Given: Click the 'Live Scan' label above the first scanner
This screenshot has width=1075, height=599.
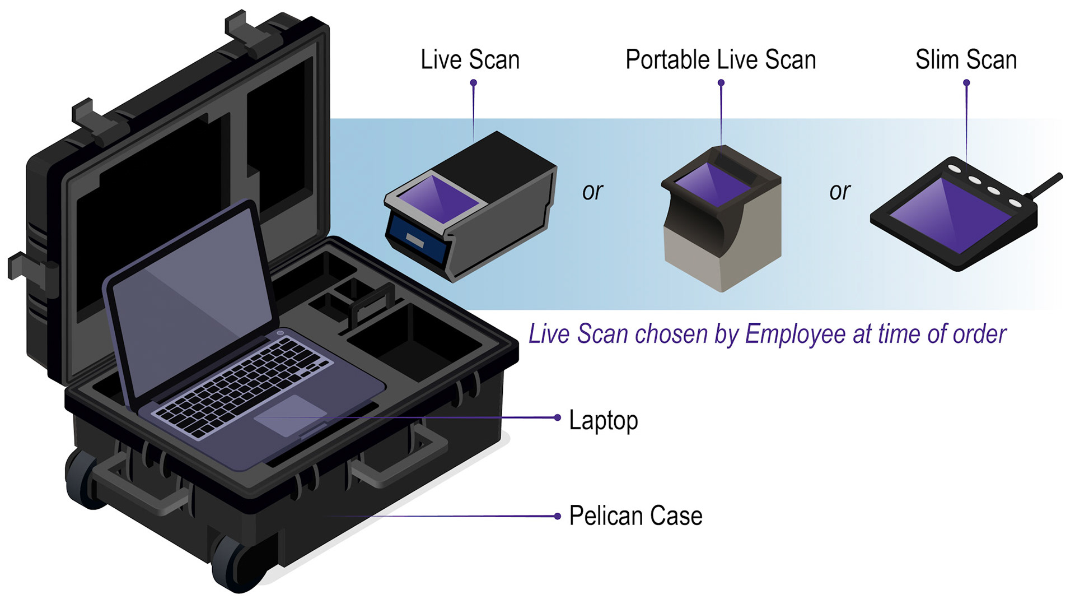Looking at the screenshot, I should (x=470, y=60).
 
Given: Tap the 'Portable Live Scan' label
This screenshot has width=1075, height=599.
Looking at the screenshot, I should (x=721, y=60).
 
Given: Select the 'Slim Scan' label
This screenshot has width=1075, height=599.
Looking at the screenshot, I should (x=966, y=60).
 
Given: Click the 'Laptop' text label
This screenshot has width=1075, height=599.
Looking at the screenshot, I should (x=603, y=420).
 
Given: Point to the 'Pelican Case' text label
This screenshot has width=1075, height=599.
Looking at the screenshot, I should (x=635, y=516).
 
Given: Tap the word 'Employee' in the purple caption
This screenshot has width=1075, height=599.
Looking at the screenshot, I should (x=795, y=335).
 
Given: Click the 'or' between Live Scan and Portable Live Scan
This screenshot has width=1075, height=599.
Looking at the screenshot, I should (x=592, y=192).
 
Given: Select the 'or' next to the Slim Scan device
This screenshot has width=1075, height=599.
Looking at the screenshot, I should (x=839, y=192).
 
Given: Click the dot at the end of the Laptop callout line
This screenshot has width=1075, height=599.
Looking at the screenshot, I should (x=557, y=417).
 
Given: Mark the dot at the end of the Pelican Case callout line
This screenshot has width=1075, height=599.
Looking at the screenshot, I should (x=557, y=516).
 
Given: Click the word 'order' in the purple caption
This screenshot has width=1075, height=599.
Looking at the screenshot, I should (x=979, y=335).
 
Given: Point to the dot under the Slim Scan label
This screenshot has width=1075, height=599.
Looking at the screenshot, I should (x=966, y=83).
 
